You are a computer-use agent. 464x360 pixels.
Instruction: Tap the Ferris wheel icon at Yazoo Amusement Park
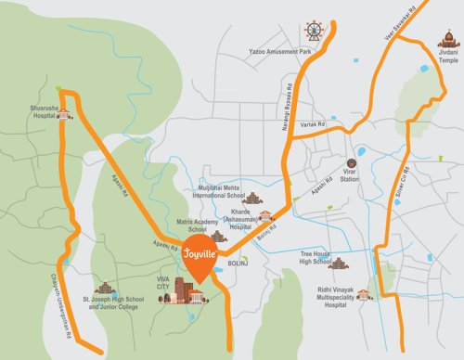coord(314,32)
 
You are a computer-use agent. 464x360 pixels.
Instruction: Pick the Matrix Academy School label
coord(184,225)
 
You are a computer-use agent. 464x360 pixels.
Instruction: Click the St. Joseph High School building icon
coord(107,287)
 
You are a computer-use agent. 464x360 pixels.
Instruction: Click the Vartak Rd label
coord(316,124)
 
